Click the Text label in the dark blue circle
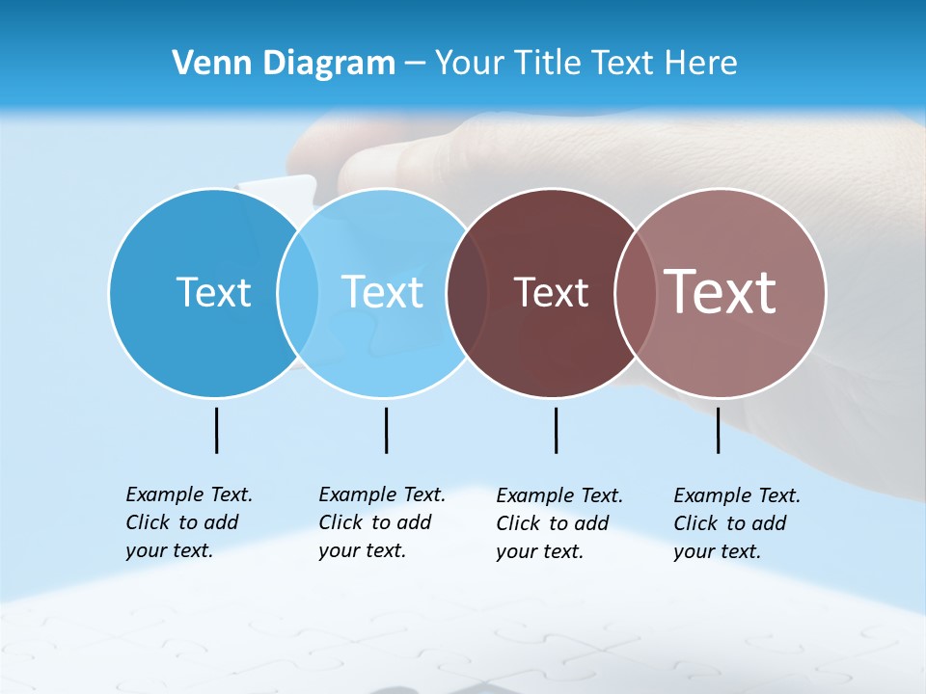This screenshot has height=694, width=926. (x=213, y=292)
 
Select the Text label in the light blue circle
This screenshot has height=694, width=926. (x=382, y=292)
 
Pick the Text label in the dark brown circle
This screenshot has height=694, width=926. (x=551, y=293)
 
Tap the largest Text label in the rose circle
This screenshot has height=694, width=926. (x=721, y=292)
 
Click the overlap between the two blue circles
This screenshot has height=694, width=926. (x=298, y=293)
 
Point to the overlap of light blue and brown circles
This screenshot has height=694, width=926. (x=467, y=293)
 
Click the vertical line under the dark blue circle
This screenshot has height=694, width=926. (x=216, y=430)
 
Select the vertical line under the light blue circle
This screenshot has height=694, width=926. (x=386, y=430)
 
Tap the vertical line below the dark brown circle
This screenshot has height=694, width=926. (x=556, y=430)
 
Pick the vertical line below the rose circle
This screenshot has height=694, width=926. (x=718, y=430)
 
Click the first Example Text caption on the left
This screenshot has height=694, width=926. (x=188, y=522)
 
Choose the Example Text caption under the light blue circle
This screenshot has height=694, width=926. (x=381, y=522)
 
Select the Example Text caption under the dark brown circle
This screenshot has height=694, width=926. (x=558, y=523)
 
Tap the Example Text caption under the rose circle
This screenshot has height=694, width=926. (x=736, y=523)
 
